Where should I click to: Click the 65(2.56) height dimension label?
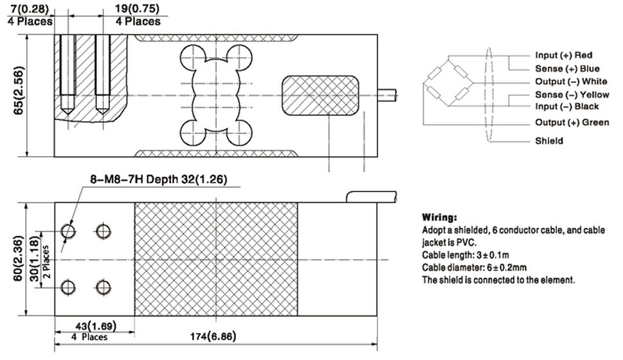click(18, 91)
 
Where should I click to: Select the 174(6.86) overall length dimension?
click(213, 337)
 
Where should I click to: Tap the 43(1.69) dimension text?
click(96, 326)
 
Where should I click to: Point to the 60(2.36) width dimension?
click(18, 258)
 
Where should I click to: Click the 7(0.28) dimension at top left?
click(30, 8)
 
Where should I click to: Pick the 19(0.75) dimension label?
click(137, 8)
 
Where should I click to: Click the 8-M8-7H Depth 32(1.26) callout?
click(159, 179)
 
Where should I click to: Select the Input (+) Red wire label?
click(563, 55)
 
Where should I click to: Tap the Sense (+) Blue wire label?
click(567, 68)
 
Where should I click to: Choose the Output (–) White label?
click(571, 82)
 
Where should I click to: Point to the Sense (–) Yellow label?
click(572, 94)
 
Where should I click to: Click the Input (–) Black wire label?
click(566, 107)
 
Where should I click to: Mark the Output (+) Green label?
click(572, 122)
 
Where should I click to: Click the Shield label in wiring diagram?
click(548, 141)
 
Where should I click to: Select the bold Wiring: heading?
click(439, 217)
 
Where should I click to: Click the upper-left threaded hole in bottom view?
click(68, 231)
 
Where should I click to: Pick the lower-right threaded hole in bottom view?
click(104, 287)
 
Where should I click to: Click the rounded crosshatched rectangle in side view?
click(320, 96)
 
